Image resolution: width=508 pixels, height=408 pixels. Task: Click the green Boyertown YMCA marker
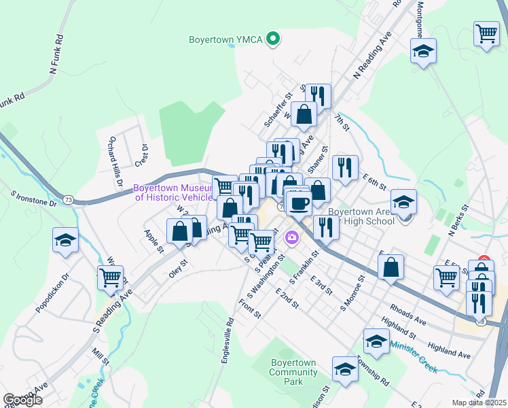click(273, 39)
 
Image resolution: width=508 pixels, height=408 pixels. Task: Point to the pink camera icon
click(292, 237)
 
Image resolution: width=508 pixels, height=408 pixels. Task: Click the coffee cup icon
click(298, 202)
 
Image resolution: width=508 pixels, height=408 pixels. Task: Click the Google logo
click(22, 400)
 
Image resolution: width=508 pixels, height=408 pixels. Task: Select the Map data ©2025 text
click(479, 403)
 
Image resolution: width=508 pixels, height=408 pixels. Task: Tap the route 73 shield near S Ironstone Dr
click(68, 200)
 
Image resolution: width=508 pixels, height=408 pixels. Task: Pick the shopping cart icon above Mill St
click(110, 277)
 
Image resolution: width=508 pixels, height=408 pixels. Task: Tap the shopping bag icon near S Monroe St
click(391, 267)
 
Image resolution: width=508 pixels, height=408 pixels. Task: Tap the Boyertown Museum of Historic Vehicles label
click(173, 192)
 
